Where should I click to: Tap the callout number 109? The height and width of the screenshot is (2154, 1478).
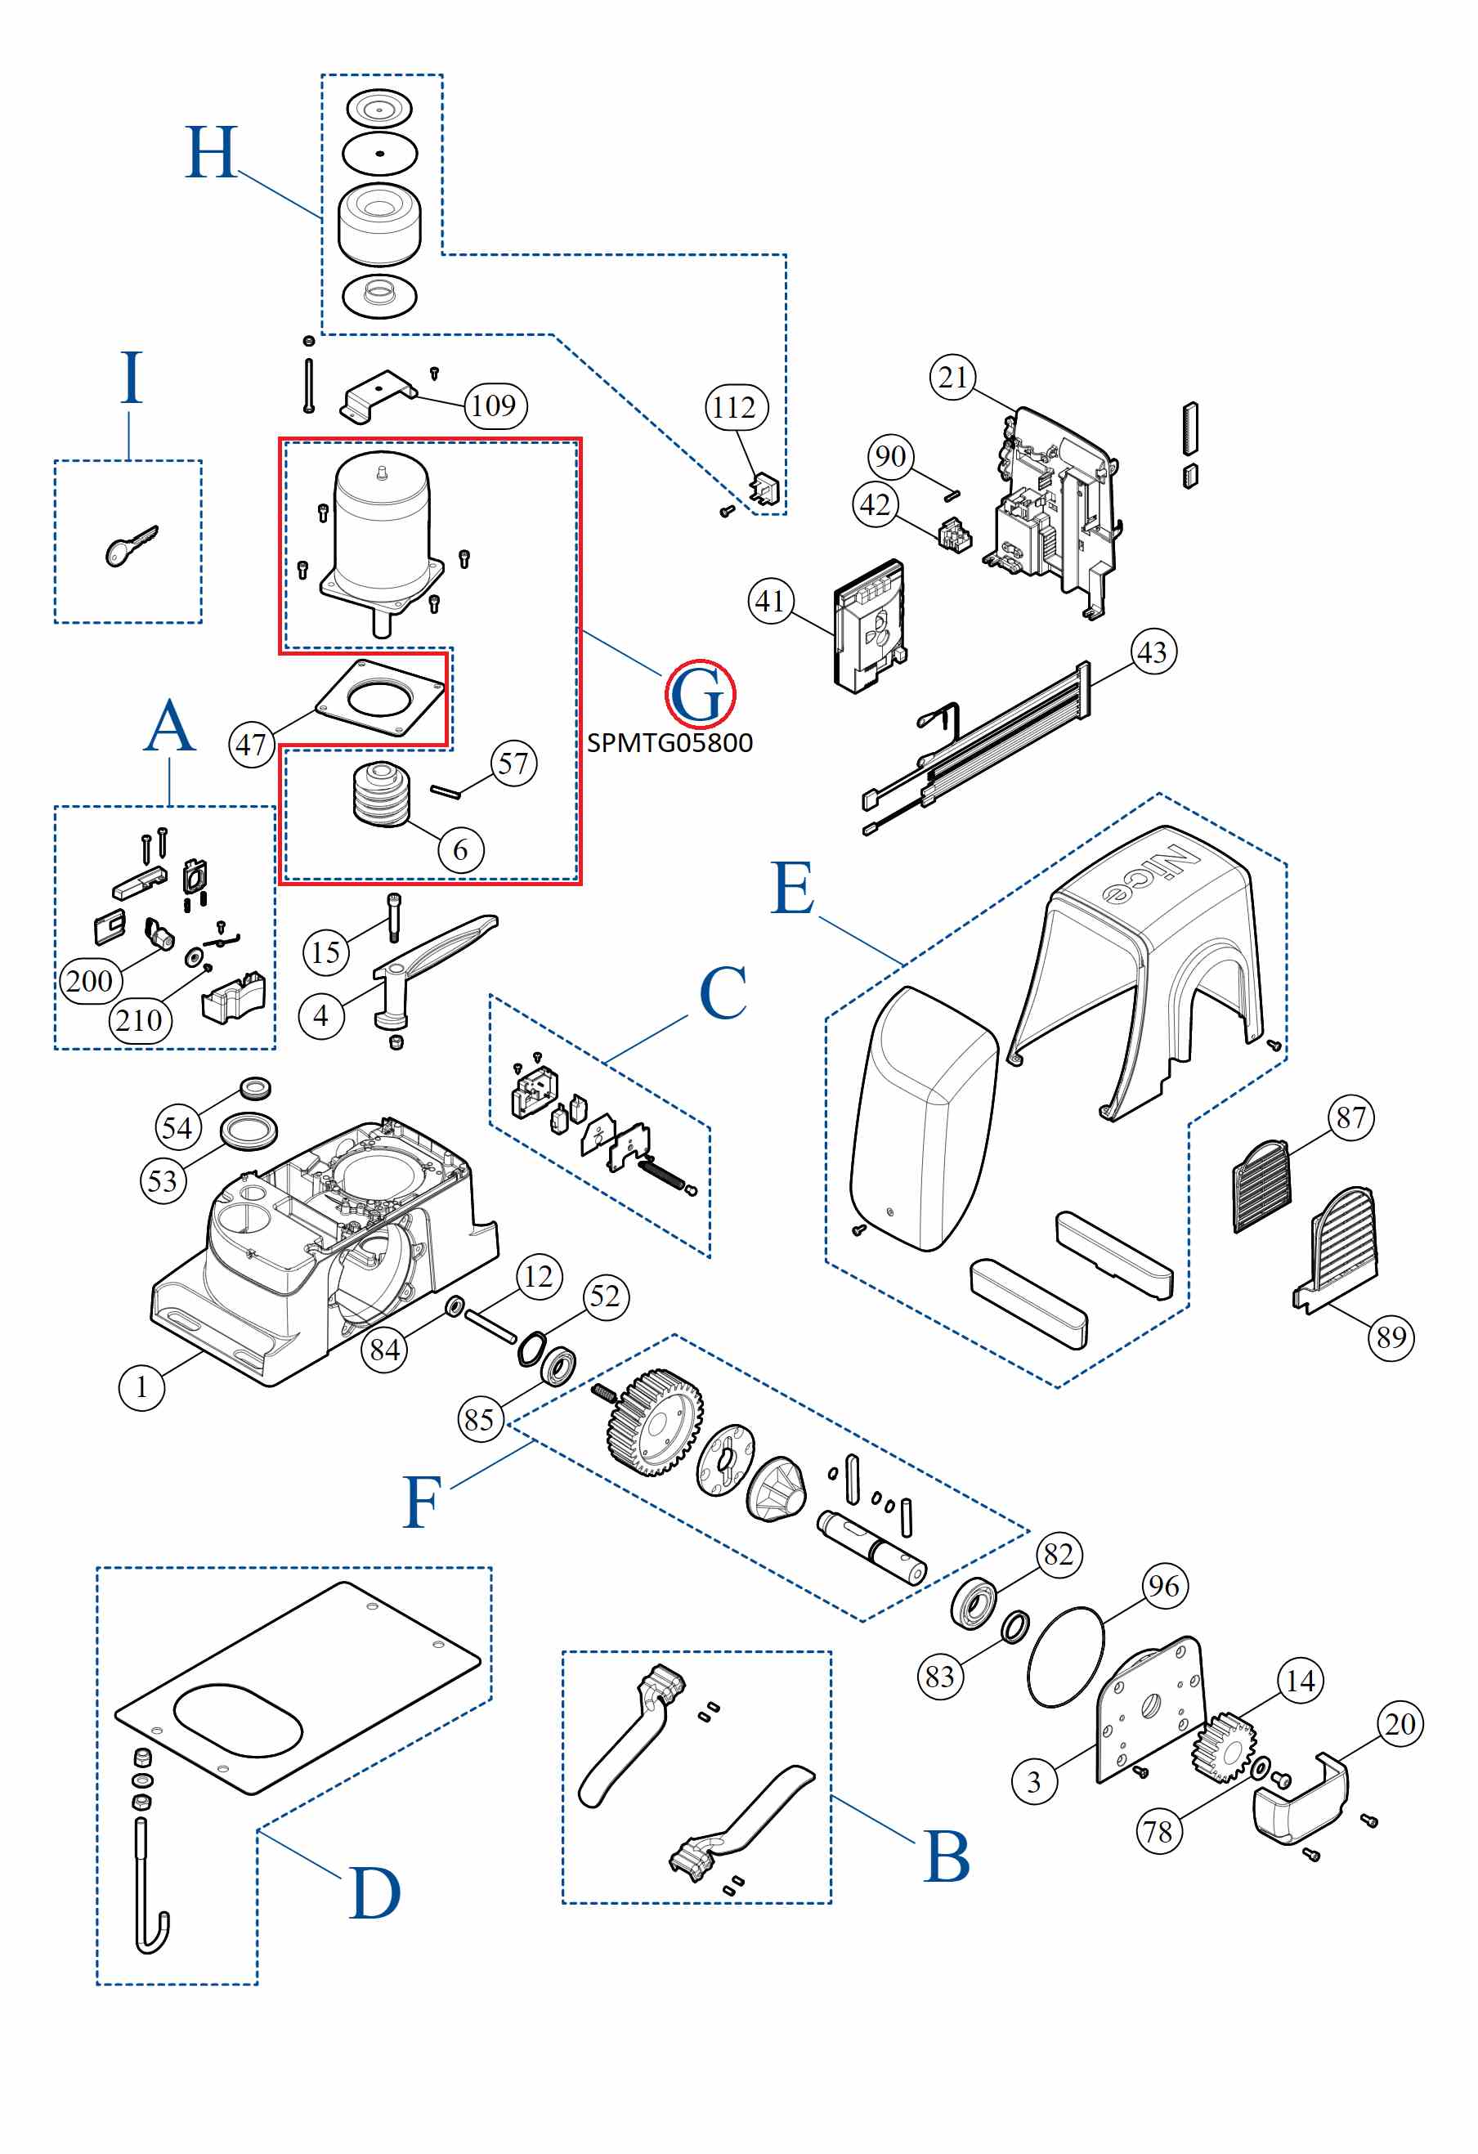coord(494,406)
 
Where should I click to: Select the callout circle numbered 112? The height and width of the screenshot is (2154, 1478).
coord(736,408)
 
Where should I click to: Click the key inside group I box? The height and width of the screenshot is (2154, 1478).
coord(131,546)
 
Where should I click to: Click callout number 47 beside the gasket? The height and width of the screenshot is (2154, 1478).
coord(251,746)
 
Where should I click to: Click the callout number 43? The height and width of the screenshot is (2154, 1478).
coord(1153,652)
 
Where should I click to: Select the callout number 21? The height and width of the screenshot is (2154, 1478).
coord(952,378)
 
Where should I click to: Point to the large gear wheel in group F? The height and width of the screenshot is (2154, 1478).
coord(653,1422)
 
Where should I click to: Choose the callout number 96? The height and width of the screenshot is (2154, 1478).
coord(1164,1587)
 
